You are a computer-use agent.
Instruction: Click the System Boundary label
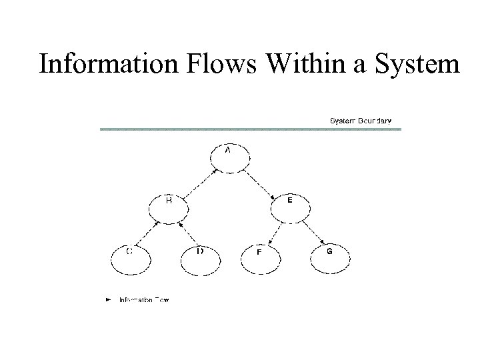pos(361,121)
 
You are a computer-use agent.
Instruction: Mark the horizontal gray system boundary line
pos(250,129)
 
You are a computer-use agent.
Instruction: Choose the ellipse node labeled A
pos(230,157)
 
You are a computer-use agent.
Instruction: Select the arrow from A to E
pos(261,182)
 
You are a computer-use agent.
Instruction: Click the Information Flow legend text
pos(144,300)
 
